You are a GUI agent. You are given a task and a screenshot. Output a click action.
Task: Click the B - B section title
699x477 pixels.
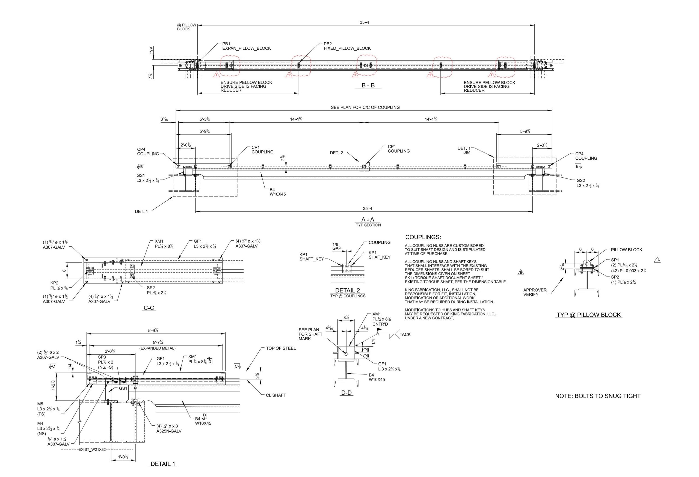(368, 85)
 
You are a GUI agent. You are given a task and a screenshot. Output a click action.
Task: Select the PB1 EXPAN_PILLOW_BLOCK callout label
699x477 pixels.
(246, 46)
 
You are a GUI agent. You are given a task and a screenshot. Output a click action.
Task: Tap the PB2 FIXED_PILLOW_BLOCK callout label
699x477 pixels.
(347, 46)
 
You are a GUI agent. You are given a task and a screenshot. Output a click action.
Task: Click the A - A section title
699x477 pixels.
(368, 219)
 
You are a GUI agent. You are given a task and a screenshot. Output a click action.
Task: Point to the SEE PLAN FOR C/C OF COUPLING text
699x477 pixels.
(365, 107)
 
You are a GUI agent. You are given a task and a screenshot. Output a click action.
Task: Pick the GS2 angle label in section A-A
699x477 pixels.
(587, 183)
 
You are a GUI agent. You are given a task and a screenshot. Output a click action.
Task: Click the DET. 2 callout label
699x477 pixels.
(336, 153)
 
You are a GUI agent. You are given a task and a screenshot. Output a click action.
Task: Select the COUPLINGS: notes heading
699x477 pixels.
(423, 237)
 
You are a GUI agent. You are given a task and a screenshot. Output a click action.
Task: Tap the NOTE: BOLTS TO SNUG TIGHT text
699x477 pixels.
(598, 396)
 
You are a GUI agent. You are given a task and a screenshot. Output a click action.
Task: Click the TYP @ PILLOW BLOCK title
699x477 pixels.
(589, 315)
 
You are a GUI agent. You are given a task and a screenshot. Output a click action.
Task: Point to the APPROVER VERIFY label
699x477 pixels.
(535, 292)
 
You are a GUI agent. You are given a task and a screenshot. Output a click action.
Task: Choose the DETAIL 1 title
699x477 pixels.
(163, 464)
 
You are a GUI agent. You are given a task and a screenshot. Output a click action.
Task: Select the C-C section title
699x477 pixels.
(149, 308)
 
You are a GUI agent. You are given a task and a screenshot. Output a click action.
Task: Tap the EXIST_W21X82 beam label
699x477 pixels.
(92, 450)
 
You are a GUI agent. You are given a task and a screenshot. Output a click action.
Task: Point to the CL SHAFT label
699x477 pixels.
(276, 395)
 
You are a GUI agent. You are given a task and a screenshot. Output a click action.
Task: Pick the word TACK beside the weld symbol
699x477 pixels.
(405, 334)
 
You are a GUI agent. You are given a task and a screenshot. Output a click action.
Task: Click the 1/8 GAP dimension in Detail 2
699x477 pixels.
(337, 246)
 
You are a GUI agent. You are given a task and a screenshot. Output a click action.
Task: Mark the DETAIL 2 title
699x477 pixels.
(347, 290)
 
